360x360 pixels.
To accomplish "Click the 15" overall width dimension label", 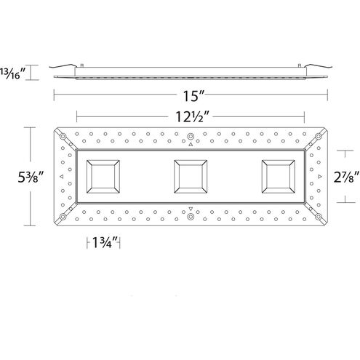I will tap(190, 93).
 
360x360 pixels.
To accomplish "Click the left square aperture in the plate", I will tap(101, 176).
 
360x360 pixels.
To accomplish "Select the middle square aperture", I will tap(190, 176).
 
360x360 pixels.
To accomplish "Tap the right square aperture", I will tap(279, 176).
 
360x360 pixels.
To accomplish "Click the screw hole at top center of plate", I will tap(190, 137).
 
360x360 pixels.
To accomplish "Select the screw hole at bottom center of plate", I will tap(190, 217).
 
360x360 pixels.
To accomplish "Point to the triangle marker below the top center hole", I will tap(190, 145).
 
